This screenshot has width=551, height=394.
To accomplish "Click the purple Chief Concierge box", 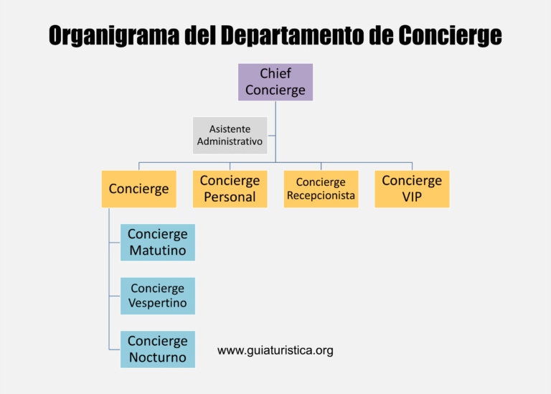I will [x=275, y=82].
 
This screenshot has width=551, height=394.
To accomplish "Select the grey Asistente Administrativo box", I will [x=230, y=136].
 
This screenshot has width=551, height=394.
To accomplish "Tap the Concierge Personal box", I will [x=230, y=189].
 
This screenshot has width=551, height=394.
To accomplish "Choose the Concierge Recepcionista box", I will [x=321, y=189].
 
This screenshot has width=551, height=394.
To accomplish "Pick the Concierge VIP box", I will [x=412, y=189].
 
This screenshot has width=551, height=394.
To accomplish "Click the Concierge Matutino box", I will [x=158, y=243].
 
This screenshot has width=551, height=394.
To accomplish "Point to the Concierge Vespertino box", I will [x=158, y=296].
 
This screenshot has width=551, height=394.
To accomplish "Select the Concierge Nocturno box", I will [x=158, y=349].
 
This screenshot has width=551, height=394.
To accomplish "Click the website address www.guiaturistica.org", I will [x=275, y=350].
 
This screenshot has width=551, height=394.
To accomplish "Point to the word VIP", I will [x=412, y=197].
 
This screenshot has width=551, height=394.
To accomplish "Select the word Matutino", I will [x=158, y=251].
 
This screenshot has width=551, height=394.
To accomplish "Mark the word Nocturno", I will [x=158, y=357].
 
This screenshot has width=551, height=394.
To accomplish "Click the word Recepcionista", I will [x=321, y=196].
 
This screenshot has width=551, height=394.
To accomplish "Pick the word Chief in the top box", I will [x=275, y=73].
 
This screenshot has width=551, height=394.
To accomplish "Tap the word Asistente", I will [x=230, y=128].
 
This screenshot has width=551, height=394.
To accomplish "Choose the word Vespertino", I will [x=158, y=304].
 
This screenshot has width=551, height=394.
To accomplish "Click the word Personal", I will [x=230, y=197].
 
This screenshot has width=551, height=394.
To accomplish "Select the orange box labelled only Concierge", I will [x=138, y=189].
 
